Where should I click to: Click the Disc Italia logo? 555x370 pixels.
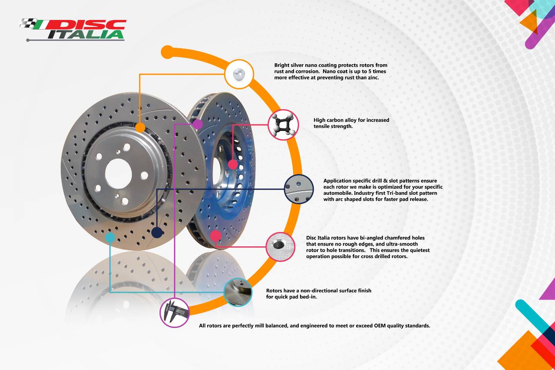[74, 29]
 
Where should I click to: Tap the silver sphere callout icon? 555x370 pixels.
[239, 74]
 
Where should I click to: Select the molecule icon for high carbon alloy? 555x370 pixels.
[283, 124]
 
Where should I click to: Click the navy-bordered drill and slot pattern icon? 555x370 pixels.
[299, 189]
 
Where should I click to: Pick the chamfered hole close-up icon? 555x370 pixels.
[280, 246]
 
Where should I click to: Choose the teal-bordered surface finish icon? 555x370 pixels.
[238, 292]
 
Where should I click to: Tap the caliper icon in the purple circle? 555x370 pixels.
[175, 312]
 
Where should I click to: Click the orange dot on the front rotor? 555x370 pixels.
[140, 128]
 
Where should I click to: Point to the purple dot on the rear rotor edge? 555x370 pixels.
[197, 124]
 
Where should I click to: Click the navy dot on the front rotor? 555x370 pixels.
[157, 232]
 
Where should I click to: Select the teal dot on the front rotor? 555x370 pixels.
[110, 237]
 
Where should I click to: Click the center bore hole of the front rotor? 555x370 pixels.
[118, 174]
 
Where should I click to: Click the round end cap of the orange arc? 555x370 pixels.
[167, 52]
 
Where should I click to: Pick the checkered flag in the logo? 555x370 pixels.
[29, 23]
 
